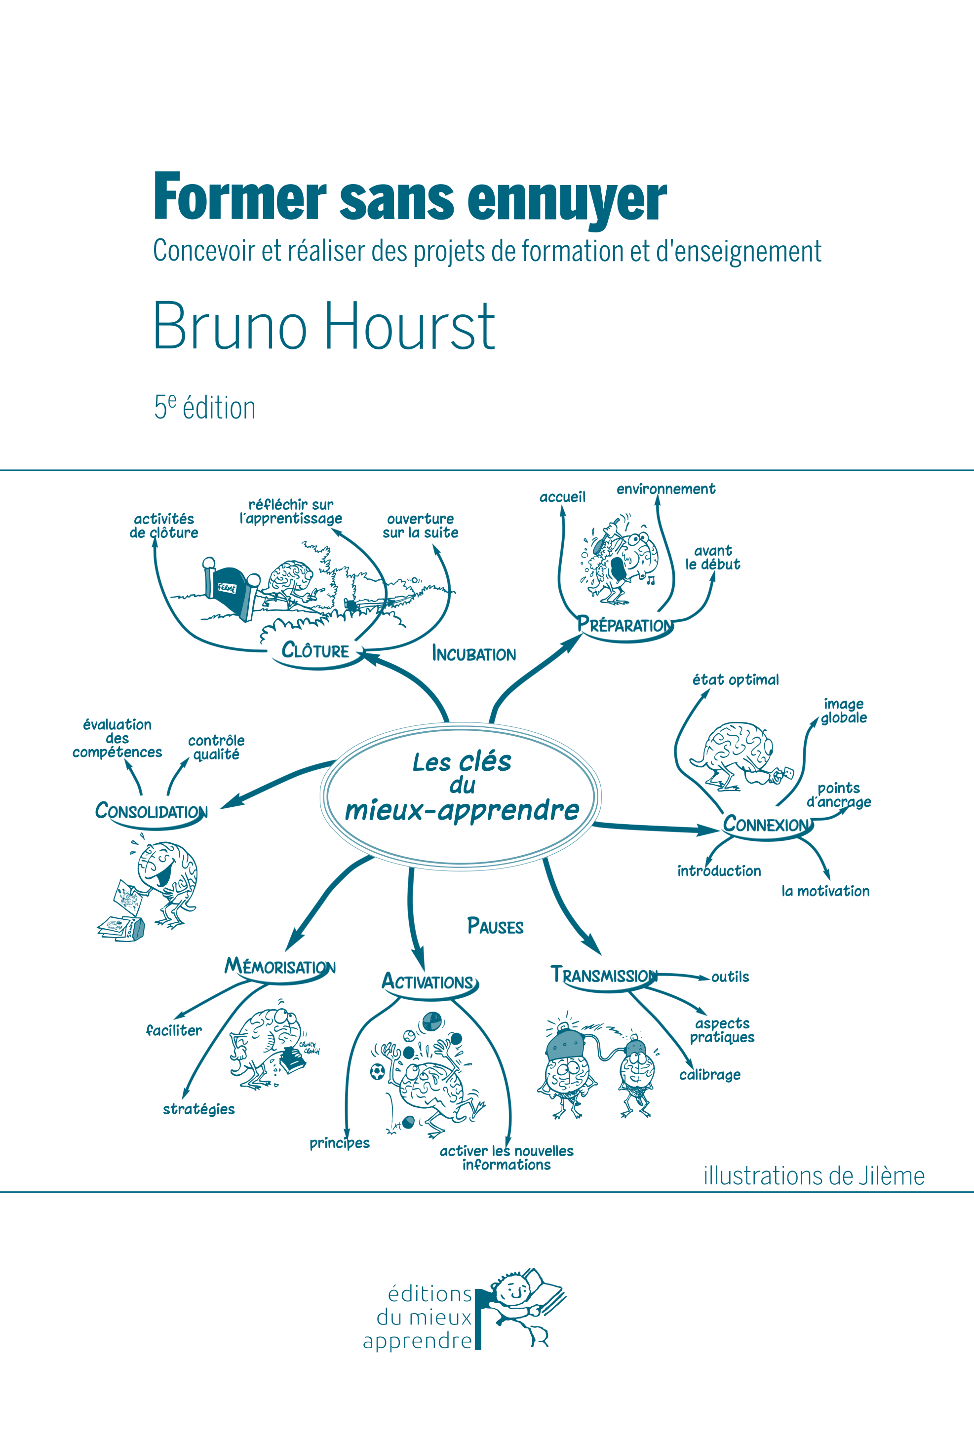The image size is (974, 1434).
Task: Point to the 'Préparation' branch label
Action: click(624, 625)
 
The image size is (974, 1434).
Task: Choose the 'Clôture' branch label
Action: click(315, 650)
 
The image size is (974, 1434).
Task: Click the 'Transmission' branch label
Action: click(604, 976)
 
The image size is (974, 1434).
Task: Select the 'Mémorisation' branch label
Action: click(279, 967)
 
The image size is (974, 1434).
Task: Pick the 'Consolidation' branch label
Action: click(151, 811)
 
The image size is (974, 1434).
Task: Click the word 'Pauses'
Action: click(495, 927)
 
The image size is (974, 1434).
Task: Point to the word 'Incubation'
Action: click(473, 654)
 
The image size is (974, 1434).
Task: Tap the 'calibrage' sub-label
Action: click(710, 1075)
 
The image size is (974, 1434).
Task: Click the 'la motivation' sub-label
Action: click(825, 891)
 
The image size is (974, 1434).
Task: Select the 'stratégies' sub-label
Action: click(199, 1109)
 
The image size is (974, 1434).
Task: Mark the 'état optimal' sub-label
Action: click(735, 680)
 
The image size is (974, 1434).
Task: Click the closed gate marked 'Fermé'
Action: click(229, 589)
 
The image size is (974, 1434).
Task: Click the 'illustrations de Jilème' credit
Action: click(814, 1176)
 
